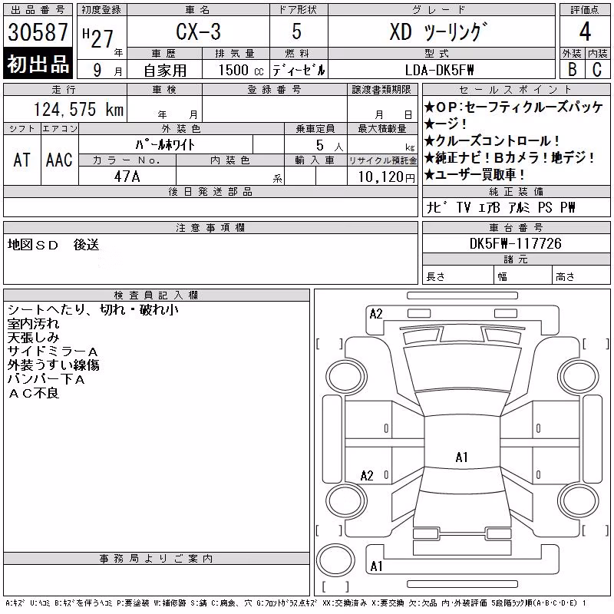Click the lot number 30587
38,32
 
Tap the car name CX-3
198,31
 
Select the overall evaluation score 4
585,31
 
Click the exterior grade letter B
572,69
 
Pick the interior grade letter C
597,69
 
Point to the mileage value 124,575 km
78,109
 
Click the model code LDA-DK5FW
439,70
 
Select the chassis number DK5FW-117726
515,243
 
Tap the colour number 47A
127,177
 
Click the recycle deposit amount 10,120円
386,177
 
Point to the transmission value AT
22,160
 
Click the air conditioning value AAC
59,160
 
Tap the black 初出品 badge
38,64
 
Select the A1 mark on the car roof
462,457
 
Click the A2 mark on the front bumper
376,314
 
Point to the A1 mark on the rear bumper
376,566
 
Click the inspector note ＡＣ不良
34,393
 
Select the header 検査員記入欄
156,295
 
